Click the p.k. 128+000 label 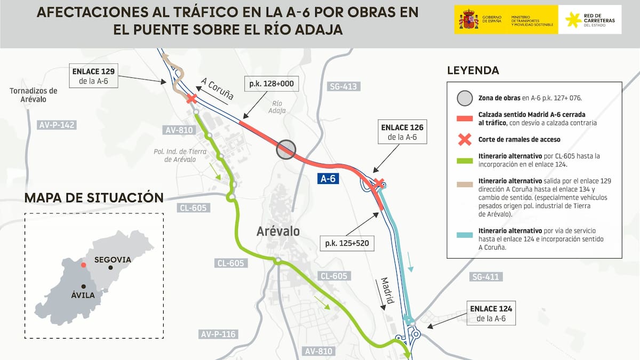coord(271,84)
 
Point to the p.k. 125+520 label coord(347,244)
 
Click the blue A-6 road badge coord(327,179)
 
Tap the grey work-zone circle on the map coord(286,149)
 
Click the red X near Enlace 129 coord(191,99)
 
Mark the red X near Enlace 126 coord(379,183)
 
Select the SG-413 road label coord(343,86)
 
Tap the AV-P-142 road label coord(57,125)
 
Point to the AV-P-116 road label coord(218,334)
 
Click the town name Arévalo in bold coord(278,231)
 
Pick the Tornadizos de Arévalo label coord(33,95)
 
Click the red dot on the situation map coord(83,265)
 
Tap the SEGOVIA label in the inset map coord(112,260)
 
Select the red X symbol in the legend coord(465,140)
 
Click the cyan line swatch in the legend coord(465,235)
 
